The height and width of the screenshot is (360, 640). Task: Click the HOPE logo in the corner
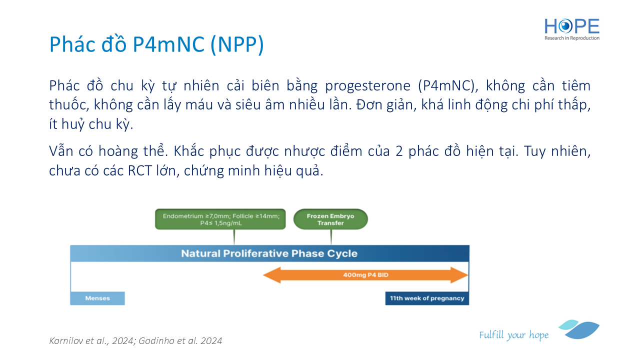tap(571, 29)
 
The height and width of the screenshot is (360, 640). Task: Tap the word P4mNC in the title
tap(168, 44)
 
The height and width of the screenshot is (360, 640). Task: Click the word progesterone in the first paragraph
tap(367, 85)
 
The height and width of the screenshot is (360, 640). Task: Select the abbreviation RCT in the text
tap(139, 171)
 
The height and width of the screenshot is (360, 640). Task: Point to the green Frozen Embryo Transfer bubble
tap(330, 219)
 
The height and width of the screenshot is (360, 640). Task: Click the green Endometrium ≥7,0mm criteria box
tap(220, 219)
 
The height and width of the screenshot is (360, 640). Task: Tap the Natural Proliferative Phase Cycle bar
tap(269, 253)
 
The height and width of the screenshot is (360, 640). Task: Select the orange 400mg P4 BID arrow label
tap(365, 275)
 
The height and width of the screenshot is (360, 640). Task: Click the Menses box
tap(97, 298)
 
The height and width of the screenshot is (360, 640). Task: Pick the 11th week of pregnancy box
tap(427, 298)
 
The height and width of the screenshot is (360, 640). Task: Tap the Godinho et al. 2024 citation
tap(180, 340)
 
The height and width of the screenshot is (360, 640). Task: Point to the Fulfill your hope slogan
tap(513, 335)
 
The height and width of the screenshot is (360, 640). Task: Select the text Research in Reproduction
tap(571, 38)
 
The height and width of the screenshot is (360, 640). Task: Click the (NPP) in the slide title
tap(237, 44)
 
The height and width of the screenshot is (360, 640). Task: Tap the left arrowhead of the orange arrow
tap(272, 275)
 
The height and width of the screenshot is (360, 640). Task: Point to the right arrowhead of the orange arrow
tap(459, 275)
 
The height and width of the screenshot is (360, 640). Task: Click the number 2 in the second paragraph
tap(399, 151)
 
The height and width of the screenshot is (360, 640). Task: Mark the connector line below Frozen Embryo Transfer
tap(331, 237)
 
